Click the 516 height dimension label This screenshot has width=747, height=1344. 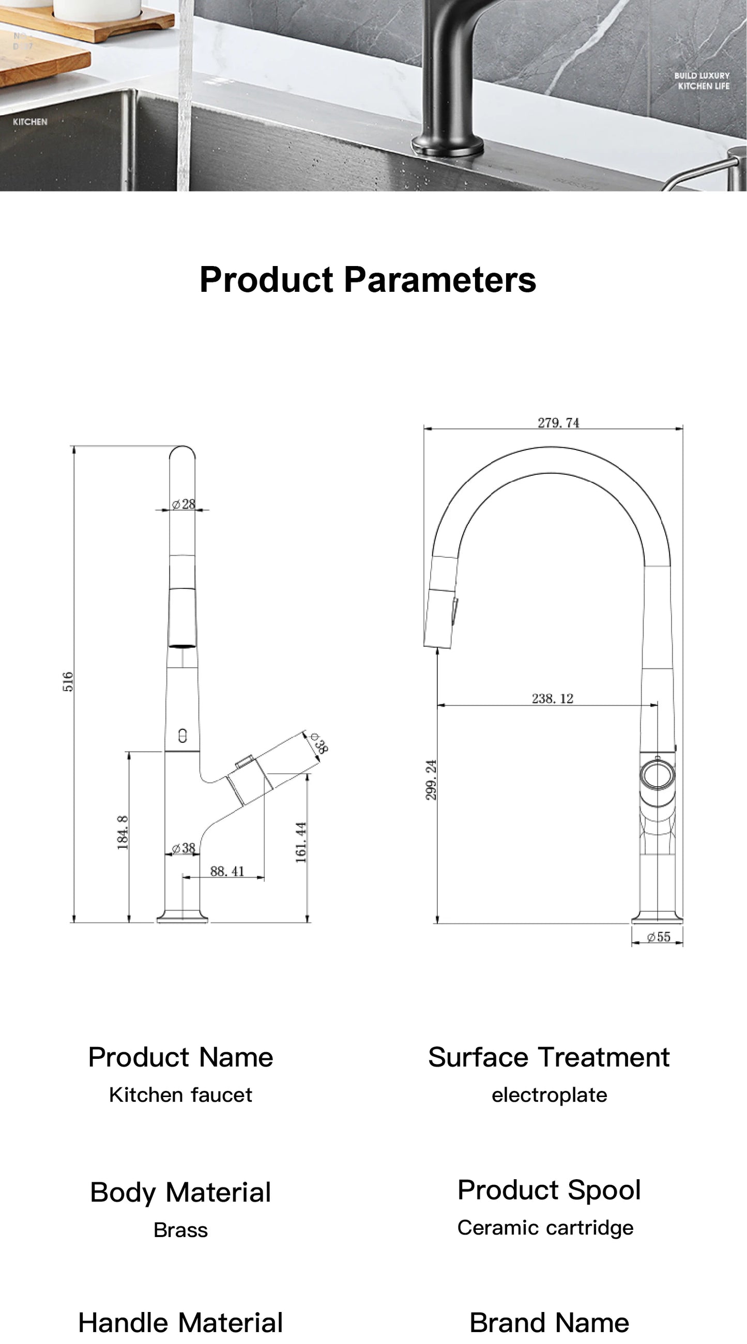point(68,681)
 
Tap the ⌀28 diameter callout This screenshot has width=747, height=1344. point(184,504)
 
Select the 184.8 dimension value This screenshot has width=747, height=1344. point(123,833)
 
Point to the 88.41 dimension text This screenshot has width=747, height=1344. point(227,871)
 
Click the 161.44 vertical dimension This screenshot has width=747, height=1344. point(301,842)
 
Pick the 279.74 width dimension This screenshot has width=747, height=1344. point(558,423)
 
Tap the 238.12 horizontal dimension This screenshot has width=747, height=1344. point(552,698)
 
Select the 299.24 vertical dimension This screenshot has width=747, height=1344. point(431,779)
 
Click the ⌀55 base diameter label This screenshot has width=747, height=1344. point(658,936)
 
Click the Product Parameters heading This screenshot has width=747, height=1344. point(368,279)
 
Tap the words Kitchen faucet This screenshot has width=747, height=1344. point(180,1095)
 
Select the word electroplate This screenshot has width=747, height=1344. point(549,1095)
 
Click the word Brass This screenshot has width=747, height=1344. point(180,1230)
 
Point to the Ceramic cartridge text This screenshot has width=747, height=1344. point(545,1228)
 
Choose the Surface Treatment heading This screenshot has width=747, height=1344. point(548,1057)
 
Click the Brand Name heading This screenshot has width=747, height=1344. point(549,1323)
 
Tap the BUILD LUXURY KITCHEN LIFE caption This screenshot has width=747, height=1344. point(702,81)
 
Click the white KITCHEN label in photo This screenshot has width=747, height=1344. point(31,121)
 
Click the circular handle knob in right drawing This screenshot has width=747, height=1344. point(657,774)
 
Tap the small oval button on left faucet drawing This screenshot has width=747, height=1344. point(182,736)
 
